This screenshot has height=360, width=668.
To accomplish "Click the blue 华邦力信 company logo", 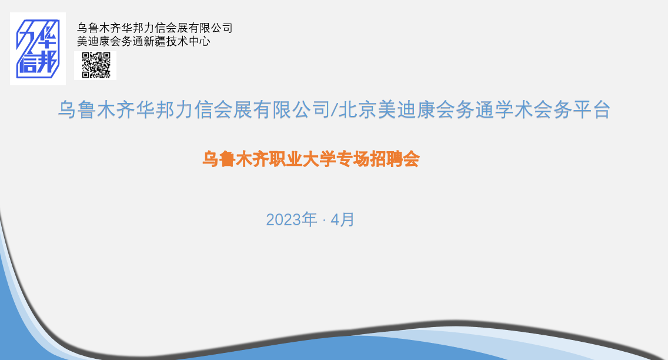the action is [38, 49].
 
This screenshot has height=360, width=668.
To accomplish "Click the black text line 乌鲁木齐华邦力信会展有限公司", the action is [155, 28].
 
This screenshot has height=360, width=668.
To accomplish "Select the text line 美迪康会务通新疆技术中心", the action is [143, 41].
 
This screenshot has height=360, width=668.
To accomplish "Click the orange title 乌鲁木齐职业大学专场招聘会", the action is [311, 159].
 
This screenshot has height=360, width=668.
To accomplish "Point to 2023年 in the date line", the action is [292, 220].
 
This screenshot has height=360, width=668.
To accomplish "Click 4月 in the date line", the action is [342, 220].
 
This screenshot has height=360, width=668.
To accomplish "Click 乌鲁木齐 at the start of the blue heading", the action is [96, 110].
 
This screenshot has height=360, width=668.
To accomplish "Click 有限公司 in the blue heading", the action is [292, 110].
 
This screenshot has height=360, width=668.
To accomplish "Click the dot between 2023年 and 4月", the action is [324, 221].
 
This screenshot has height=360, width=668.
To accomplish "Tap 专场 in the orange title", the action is [353, 159].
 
